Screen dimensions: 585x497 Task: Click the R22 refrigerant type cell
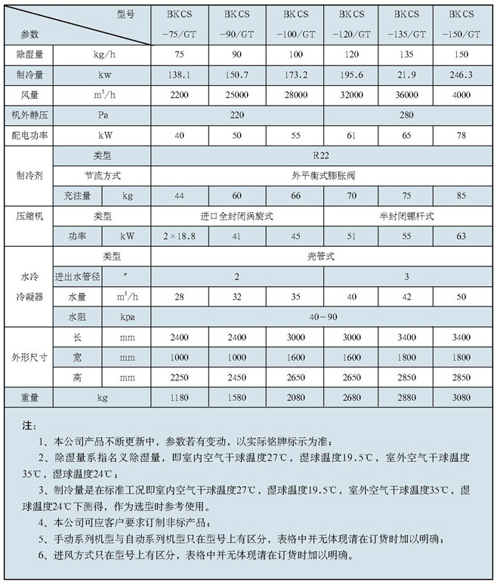click(323, 155)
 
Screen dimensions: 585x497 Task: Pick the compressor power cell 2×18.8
click(178, 236)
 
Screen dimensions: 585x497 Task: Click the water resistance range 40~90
click(323, 316)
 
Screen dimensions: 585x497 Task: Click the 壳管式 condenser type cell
click(323, 257)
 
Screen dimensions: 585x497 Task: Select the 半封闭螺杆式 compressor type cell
click(408, 216)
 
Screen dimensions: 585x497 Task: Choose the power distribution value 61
click(351, 135)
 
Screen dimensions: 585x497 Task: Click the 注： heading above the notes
click(29, 426)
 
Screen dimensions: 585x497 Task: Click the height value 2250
click(178, 375)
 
